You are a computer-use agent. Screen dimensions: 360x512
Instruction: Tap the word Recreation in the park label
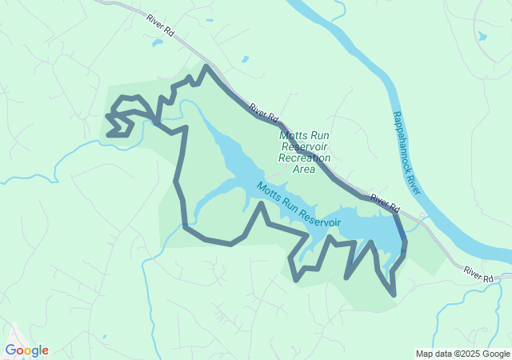pyautogui.click(x=304, y=158)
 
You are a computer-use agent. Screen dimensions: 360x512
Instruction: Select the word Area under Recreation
pyautogui.click(x=304, y=170)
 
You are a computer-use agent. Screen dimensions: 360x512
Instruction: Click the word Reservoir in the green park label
pyautogui.click(x=305, y=147)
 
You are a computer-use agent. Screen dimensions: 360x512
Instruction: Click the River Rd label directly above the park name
pyautogui.click(x=263, y=111)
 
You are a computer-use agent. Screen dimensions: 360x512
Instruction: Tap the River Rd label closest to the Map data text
pyautogui.click(x=478, y=274)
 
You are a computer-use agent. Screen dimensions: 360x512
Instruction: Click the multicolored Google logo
pyautogui.click(x=26, y=350)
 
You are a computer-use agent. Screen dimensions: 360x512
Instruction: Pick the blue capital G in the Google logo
pyautogui.click(x=10, y=350)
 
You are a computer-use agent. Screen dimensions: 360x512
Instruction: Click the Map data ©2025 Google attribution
pyautogui.click(x=463, y=354)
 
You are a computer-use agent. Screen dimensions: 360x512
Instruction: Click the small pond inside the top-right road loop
pyautogui.click(x=482, y=36)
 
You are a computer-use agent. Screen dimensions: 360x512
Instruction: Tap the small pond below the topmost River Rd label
pyautogui.click(x=209, y=21)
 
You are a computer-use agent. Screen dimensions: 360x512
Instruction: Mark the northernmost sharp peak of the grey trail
pyautogui.click(x=206, y=66)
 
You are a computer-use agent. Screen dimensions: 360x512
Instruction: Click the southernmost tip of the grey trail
pyautogui.click(x=394, y=295)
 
